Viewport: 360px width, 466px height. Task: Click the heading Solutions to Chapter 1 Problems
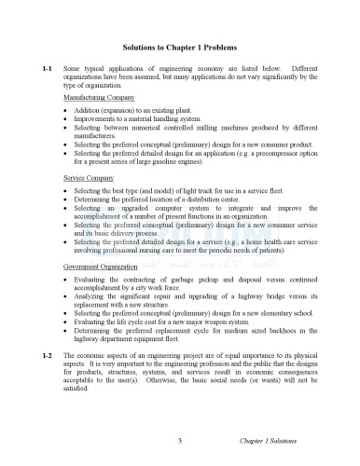tap(180, 47)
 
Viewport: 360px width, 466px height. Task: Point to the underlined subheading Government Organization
tap(101, 266)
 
